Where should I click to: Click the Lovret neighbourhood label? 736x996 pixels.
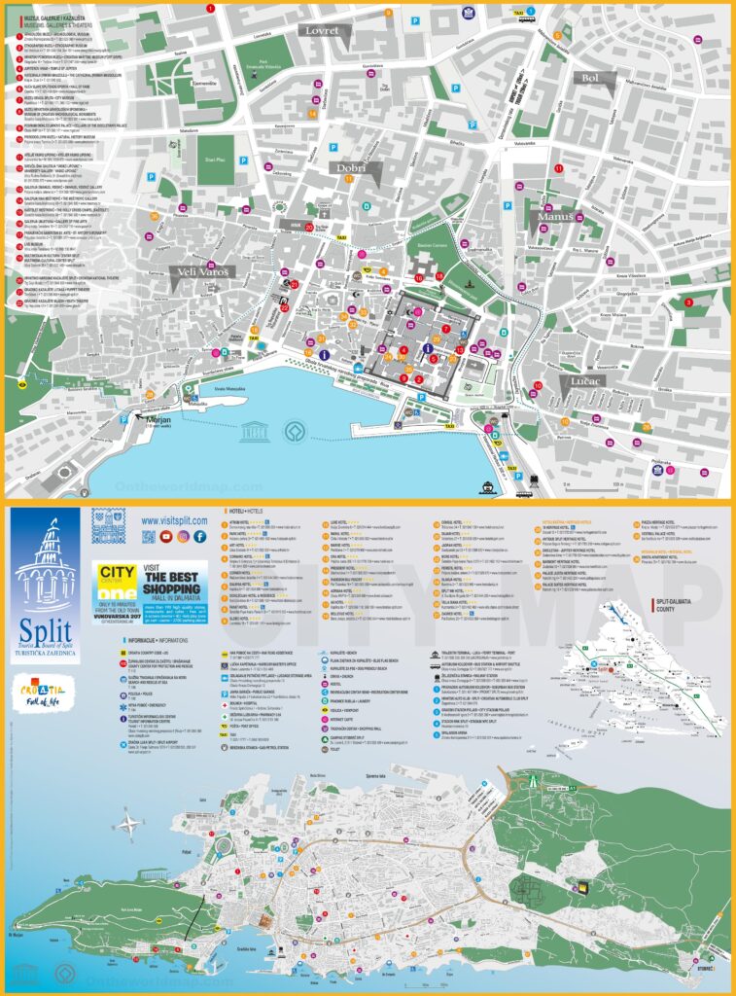pos(321,32)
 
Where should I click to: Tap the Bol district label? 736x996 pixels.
pos(590,78)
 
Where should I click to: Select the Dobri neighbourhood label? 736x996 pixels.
pos(353,168)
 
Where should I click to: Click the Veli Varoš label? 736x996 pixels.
pos(201,273)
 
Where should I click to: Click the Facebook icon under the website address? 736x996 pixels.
pos(200,536)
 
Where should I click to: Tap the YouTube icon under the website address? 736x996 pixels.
pos(167,536)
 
